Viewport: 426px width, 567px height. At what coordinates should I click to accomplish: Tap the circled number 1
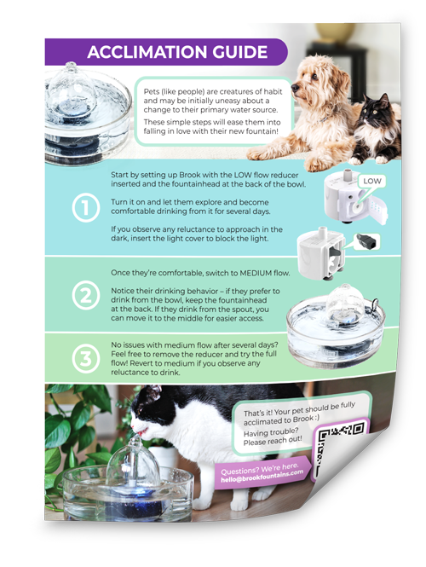86,207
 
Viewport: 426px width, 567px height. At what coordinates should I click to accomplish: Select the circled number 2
86,295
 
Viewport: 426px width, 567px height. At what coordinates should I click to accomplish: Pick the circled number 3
86,359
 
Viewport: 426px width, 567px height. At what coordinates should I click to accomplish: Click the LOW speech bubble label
372,181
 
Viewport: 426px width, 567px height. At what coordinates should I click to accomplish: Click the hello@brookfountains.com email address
262,477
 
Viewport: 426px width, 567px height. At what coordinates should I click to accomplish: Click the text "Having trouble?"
271,432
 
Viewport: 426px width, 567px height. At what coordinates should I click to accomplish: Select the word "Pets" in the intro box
151,92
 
